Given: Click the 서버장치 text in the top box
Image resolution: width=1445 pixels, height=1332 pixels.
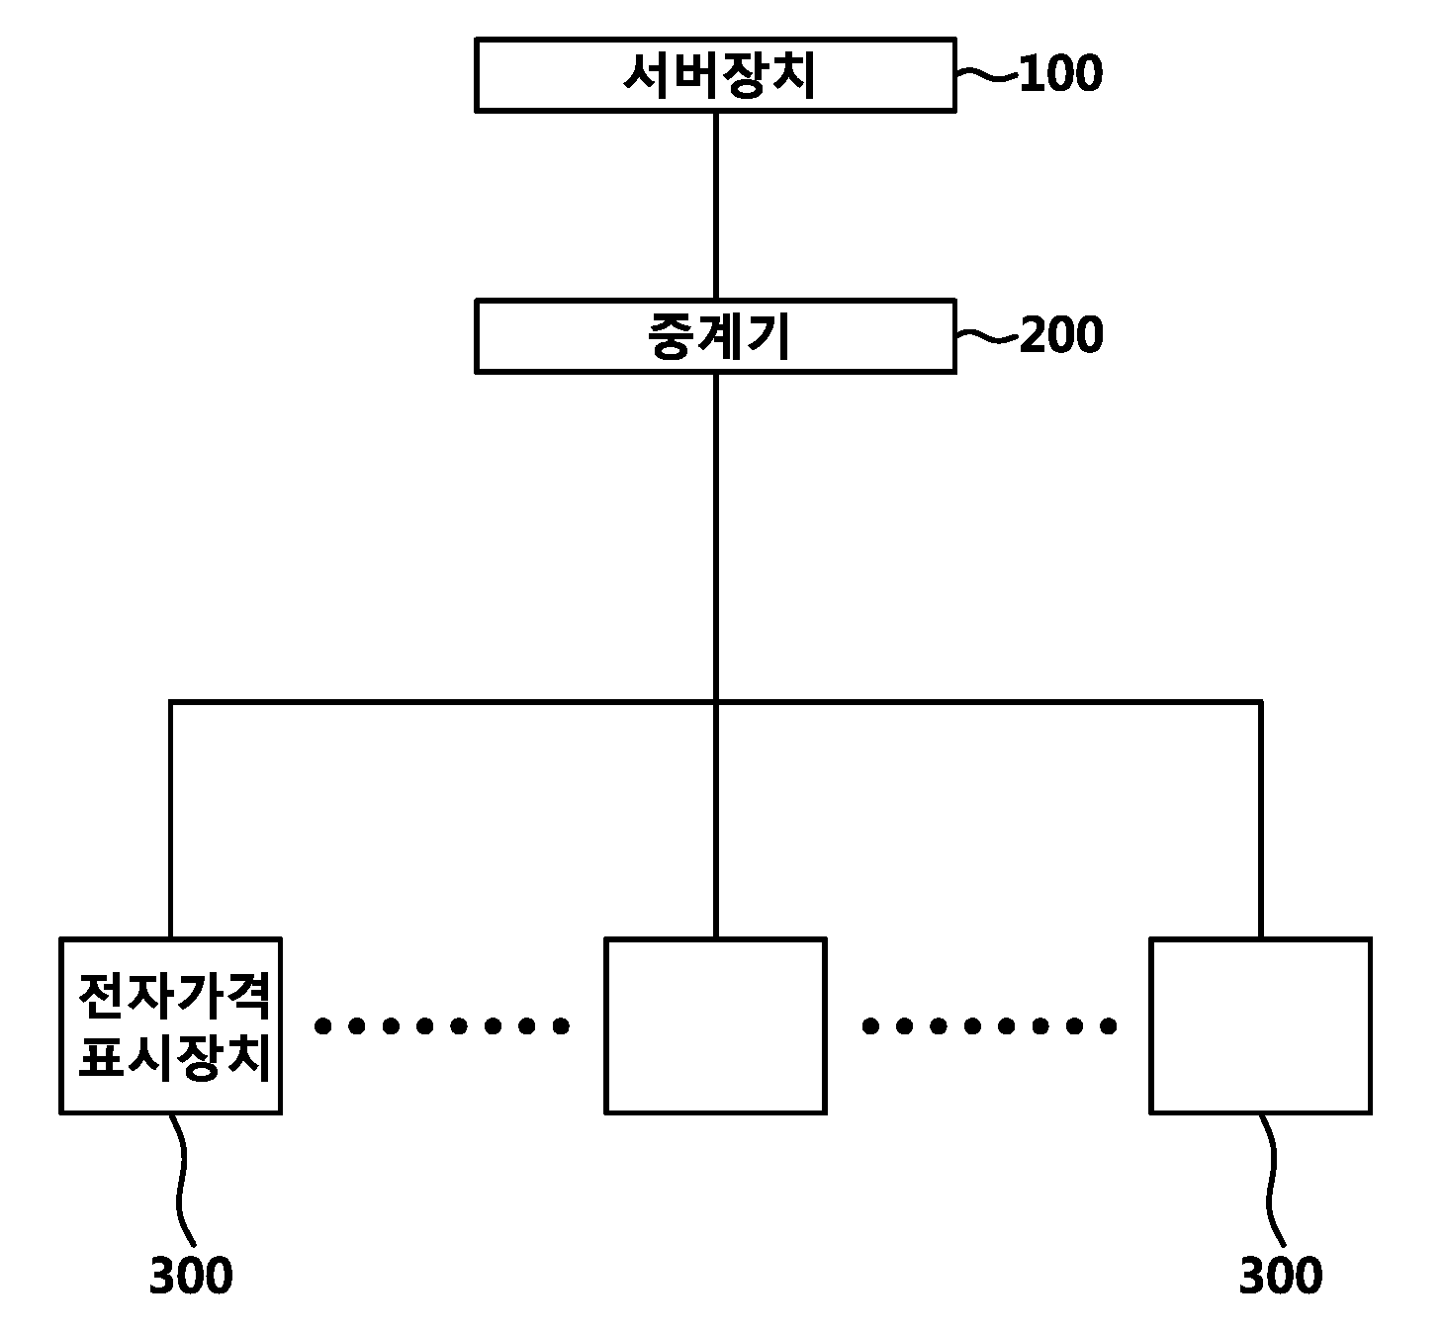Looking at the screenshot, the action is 719,76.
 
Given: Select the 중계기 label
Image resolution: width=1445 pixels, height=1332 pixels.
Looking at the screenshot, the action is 719,336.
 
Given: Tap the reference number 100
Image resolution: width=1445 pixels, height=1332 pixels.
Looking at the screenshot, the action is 1060,74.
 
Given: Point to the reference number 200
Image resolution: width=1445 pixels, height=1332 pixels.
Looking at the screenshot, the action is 1061,335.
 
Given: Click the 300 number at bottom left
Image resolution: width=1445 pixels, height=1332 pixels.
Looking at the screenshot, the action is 191,1276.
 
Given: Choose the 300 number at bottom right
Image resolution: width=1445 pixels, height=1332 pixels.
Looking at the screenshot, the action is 1281,1276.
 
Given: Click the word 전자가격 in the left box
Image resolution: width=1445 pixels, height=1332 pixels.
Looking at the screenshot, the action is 174,997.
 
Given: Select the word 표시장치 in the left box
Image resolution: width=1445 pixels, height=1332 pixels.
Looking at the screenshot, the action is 174,1057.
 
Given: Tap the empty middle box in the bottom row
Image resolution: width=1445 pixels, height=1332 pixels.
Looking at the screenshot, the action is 715,1025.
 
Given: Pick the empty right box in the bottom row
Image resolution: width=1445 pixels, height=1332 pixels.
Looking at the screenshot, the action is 1260,1025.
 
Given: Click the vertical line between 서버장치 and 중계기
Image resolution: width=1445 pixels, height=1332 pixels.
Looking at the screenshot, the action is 716,205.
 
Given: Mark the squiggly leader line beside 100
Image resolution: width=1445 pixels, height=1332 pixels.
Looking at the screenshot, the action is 987,74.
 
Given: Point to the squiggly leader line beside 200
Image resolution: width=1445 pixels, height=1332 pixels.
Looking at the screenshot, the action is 987,335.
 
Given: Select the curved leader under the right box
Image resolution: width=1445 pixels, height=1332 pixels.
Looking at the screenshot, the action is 1271,1180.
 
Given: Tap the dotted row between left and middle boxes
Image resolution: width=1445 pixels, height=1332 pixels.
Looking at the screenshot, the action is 442,1025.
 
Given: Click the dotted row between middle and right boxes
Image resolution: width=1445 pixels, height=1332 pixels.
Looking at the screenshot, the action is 989,1025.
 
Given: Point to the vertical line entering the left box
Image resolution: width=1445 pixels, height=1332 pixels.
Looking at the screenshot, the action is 170,820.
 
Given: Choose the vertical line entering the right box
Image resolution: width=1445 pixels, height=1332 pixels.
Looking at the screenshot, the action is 1260,820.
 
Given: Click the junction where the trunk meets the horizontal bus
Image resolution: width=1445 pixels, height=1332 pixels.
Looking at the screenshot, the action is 716,702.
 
